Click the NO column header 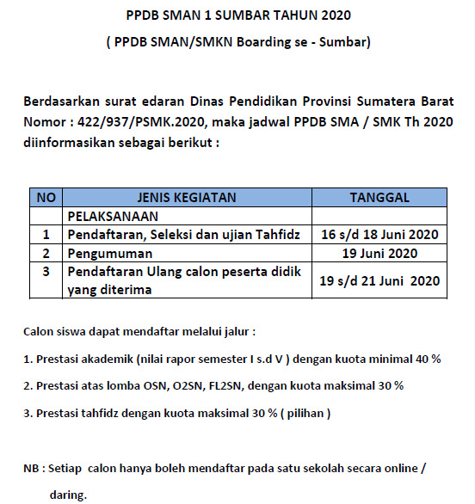point(46,198)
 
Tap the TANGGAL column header point(379,198)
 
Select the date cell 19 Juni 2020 point(379,253)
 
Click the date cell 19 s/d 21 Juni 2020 point(379,280)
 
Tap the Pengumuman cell point(109,253)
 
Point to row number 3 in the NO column point(46,272)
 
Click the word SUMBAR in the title point(257,15)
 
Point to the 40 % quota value point(429,358)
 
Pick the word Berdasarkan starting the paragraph point(64,102)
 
